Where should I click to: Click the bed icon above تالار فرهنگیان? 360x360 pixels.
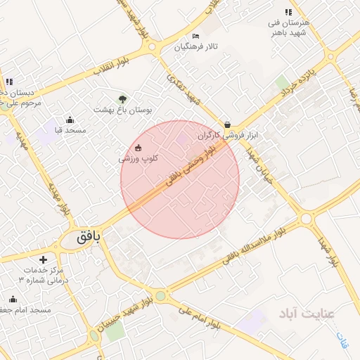click(195, 36)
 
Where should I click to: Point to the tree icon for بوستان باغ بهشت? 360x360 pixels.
click(124, 98)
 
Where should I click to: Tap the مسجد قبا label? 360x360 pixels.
click(70, 130)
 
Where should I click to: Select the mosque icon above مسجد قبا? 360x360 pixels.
click(69, 120)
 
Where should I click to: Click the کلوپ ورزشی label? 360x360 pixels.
click(138, 158)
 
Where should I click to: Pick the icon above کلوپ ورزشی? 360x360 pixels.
click(138, 148)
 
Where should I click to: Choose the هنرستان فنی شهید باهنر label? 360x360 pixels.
click(289, 27)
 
